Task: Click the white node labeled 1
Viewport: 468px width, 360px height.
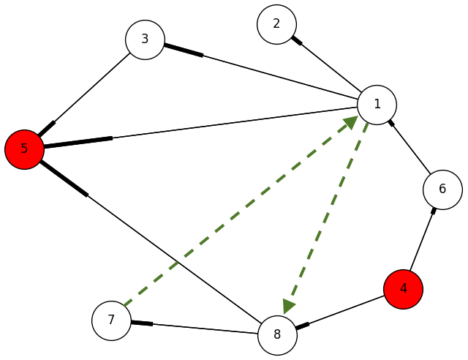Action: click(377, 104)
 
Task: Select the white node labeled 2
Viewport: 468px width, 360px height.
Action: click(276, 24)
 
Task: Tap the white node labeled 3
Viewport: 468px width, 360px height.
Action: click(145, 40)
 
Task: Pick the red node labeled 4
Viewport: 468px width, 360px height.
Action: click(403, 289)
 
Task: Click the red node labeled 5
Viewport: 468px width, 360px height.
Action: click(24, 149)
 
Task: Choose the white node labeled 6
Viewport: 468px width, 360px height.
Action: click(442, 190)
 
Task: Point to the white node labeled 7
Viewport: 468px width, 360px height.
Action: click(111, 320)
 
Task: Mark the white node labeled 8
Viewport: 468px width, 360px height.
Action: click(277, 336)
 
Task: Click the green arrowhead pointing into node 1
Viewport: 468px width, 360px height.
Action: click(350, 123)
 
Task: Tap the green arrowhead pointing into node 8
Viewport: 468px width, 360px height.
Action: click(290, 306)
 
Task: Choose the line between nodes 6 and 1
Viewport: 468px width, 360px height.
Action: click(410, 147)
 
